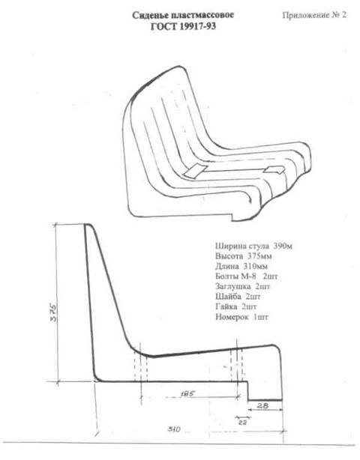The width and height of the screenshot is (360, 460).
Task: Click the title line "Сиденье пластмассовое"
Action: coord(183,15)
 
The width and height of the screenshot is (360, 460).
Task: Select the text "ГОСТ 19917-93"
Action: coord(183,27)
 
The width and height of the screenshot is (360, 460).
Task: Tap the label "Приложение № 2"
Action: coord(314,15)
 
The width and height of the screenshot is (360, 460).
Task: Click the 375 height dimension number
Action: coord(54,312)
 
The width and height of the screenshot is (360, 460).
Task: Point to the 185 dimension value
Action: coord(187,394)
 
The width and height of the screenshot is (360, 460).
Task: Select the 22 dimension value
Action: coord(242,423)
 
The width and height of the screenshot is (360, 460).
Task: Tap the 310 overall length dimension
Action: coord(174,429)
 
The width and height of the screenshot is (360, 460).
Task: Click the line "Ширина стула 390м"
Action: coord(253,246)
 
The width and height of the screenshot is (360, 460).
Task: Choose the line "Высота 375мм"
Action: coord(244,256)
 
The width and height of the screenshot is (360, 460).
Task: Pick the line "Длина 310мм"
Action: coord(241,267)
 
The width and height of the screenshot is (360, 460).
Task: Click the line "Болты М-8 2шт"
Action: coord(246,276)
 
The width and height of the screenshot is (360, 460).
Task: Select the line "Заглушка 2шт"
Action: coord(242,286)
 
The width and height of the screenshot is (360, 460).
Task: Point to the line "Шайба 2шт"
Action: coord(238,297)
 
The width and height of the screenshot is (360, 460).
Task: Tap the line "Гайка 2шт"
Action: coord(236,306)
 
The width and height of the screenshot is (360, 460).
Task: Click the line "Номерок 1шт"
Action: coord(242,317)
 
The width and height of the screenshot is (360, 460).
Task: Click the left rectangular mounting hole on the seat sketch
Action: coord(195,172)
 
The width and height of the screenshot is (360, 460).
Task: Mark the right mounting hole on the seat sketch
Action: coord(274,169)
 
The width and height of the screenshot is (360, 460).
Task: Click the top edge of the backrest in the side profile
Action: coord(88,225)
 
